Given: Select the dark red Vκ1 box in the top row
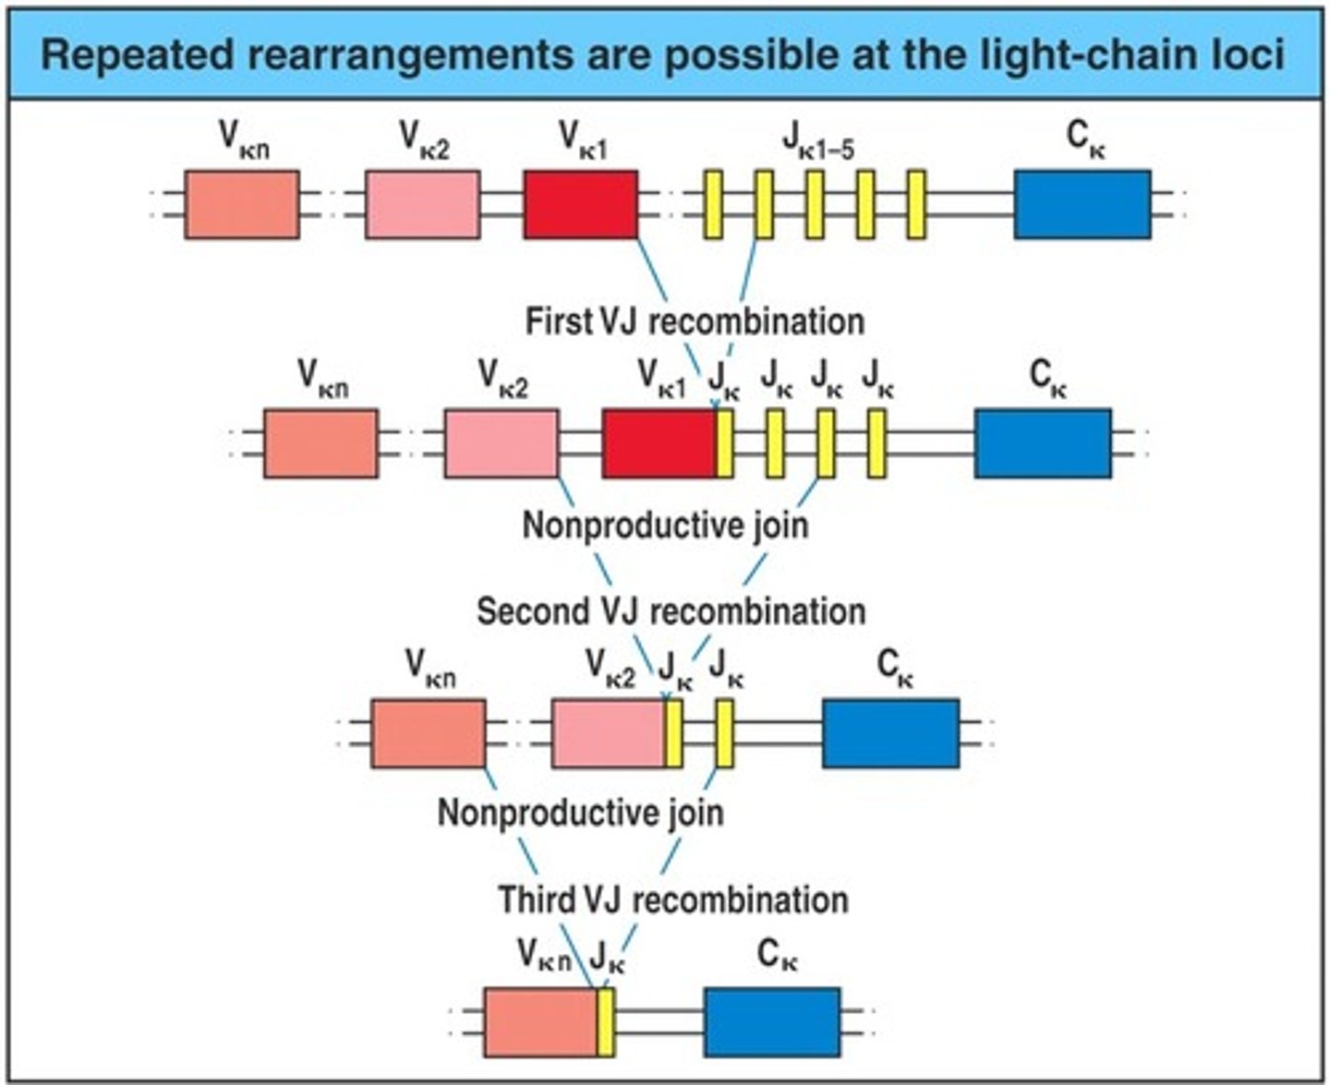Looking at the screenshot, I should [580, 204].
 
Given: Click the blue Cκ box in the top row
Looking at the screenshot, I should [1082, 204].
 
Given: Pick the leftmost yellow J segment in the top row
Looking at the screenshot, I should [713, 204].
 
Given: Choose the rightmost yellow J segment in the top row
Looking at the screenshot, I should [915, 204].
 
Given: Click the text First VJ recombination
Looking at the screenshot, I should [695, 321].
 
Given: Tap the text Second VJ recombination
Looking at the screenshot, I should [671, 611].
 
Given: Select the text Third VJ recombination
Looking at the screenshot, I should [673, 899].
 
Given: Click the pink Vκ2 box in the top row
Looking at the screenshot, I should [422, 204].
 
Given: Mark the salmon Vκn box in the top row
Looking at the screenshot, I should [242, 204].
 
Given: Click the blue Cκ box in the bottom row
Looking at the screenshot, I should [772, 1022].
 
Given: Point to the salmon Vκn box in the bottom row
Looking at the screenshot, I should [540, 1022].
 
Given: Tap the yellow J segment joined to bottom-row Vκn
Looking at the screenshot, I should [606, 1022].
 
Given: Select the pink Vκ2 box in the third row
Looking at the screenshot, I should [608, 733].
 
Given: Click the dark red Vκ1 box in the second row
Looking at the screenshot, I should [659, 443].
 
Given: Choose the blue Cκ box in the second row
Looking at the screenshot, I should [1043, 443].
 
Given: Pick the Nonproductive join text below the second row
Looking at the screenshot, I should [665, 525].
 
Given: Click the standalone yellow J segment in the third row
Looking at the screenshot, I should [725, 733].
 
